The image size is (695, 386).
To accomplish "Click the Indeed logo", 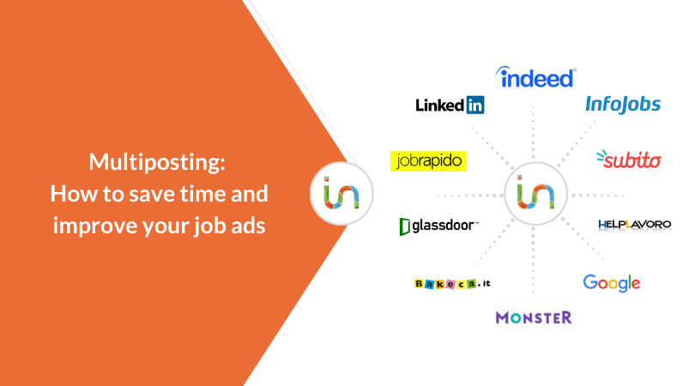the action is pyautogui.click(x=536, y=77).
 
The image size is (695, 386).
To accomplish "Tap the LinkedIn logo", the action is pyautogui.click(x=450, y=105).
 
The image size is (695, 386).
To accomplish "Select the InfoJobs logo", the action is pyautogui.click(x=623, y=105).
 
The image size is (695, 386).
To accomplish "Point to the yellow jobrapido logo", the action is pyautogui.click(x=429, y=161).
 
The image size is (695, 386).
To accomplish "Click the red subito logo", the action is pyautogui.click(x=629, y=160).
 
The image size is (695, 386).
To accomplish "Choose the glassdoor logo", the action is pyautogui.click(x=438, y=226).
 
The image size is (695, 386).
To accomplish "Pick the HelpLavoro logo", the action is pyautogui.click(x=635, y=225).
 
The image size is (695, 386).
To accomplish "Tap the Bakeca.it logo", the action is pyautogui.click(x=452, y=284).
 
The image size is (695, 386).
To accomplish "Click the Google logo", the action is pyautogui.click(x=612, y=283).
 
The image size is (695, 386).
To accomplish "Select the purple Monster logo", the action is pyautogui.click(x=534, y=317).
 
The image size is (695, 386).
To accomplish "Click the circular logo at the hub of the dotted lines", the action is pyautogui.click(x=536, y=194).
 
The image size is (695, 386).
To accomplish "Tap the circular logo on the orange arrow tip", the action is pyautogui.click(x=341, y=194).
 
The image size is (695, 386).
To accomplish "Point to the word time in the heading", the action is pyautogui.click(x=200, y=194).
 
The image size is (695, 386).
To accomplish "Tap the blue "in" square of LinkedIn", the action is pyautogui.click(x=475, y=105).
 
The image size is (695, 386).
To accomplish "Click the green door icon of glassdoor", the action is pyautogui.click(x=405, y=226).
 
